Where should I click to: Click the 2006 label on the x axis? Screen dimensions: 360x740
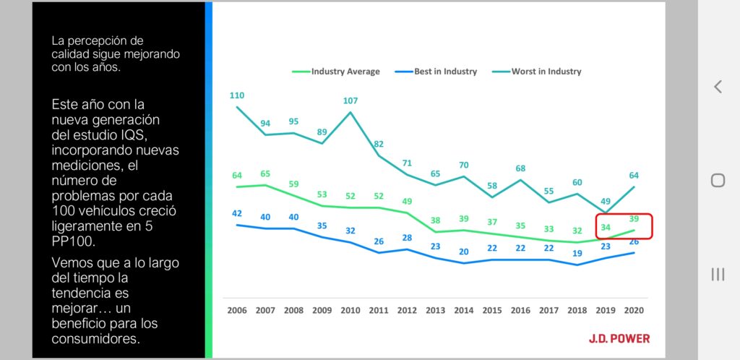click(236, 309)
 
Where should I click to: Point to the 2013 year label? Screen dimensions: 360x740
click(436, 309)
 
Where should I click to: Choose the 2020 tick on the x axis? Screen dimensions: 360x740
click(633, 309)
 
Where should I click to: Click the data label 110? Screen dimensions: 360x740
click(237, 95)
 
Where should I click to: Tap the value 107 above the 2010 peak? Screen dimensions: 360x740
click(350, 100)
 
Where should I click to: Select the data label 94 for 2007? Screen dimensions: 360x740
click(265, 124)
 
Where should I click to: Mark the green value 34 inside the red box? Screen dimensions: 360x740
click(606, 228)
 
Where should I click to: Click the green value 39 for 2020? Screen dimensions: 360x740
click(634, 219)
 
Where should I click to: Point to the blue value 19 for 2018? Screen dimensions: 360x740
click(577, 254)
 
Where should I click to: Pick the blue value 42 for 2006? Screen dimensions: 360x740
click(237, 213)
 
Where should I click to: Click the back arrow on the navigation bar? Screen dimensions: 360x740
click(718, 87)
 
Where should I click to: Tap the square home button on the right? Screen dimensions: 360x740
click(718, 180)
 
